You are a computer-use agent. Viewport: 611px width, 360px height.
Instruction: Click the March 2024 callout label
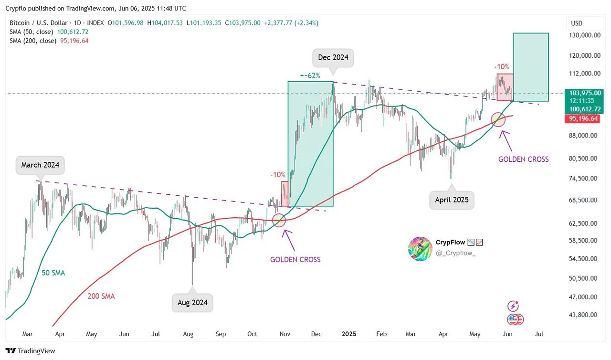click(x=40, y=165)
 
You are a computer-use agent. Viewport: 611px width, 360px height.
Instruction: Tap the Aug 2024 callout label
click(x=192, y=303)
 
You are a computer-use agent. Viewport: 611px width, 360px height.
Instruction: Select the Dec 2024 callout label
click(x=333, y=58)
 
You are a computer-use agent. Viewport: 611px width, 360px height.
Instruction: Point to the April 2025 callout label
click(x=452, y=200)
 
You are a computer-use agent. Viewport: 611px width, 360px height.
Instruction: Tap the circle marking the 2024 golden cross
click(x=279, y=220)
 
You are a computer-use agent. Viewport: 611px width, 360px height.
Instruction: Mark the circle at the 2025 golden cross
click(x=498, y=119)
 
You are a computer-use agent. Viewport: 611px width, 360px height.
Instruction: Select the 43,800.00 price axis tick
click(x=582, y=315)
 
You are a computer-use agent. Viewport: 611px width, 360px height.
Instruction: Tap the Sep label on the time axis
click(x=220, y=334)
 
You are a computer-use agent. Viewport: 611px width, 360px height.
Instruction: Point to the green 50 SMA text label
click(x=53, y=273)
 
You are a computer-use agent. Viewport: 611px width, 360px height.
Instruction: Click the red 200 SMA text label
click(x=101, y=296)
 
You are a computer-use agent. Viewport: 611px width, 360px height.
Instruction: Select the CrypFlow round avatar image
click(x=420, y=248)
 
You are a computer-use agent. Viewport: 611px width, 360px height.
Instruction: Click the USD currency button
click(x=577, y=23)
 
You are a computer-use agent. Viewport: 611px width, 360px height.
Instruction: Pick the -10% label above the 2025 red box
click(x=502, y=67)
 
